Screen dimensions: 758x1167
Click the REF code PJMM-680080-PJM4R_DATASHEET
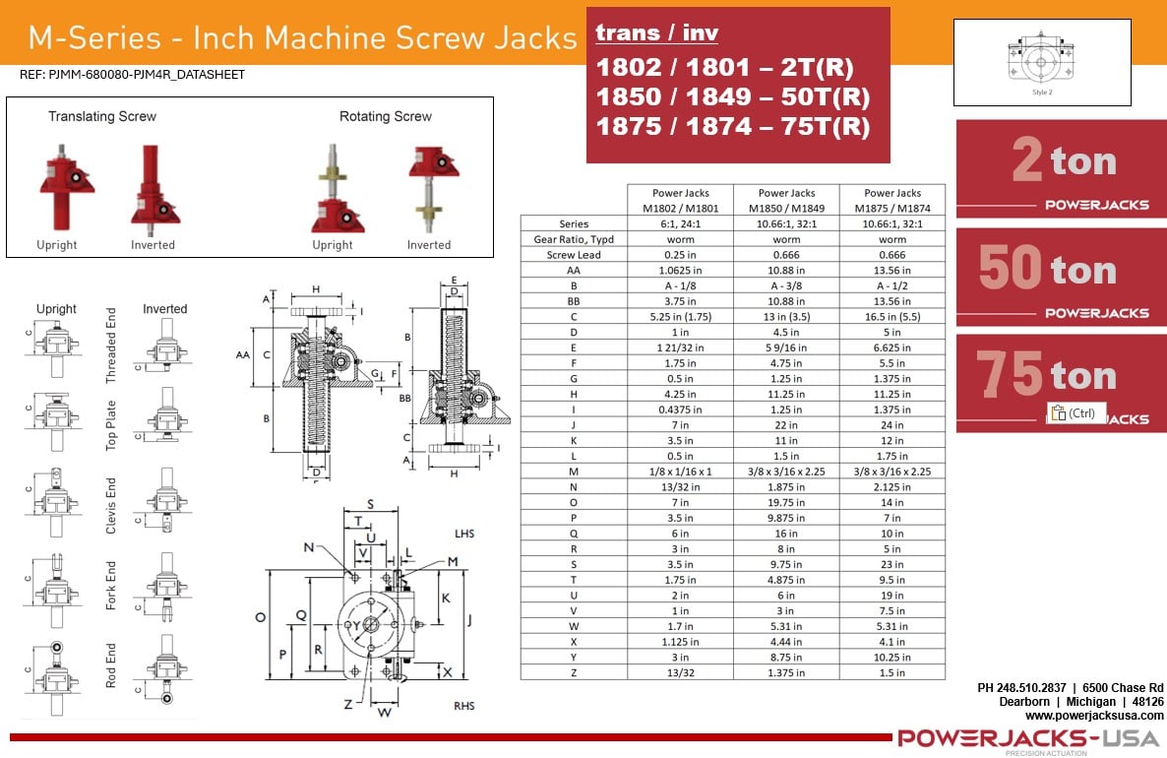[132, 75]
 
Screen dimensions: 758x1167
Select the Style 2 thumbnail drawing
[1041, 62]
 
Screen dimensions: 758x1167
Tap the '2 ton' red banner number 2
[1027, 160]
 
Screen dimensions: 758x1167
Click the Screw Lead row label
[574, 255]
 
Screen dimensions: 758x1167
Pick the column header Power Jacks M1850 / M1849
[786, 201]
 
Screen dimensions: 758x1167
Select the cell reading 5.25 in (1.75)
[680, 317]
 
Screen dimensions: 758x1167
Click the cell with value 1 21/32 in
[680, 347]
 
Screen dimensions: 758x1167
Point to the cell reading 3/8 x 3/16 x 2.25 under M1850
[786, 472]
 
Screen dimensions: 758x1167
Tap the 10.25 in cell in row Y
[891, 657]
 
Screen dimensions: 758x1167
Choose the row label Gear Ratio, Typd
[574, 239]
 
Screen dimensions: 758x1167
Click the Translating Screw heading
[102, 116]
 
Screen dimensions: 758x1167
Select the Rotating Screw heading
[386, 116]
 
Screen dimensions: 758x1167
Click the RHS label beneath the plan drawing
[464, 706]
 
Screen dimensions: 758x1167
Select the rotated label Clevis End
[111, 506]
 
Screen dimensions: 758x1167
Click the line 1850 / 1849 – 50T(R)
[733, 97]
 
